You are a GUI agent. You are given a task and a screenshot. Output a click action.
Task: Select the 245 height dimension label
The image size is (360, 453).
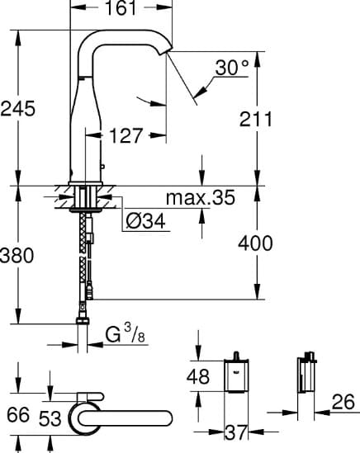pyautogui.click(x=18, y=107)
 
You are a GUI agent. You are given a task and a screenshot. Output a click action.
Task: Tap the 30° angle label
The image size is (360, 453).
pyautogui.click(x=233, y=69)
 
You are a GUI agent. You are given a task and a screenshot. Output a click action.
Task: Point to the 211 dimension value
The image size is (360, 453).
pyautogui.click(x=257, y=120)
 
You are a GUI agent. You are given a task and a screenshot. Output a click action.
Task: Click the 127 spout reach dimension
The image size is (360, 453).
pyautogui.click(x=126, y=134)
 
